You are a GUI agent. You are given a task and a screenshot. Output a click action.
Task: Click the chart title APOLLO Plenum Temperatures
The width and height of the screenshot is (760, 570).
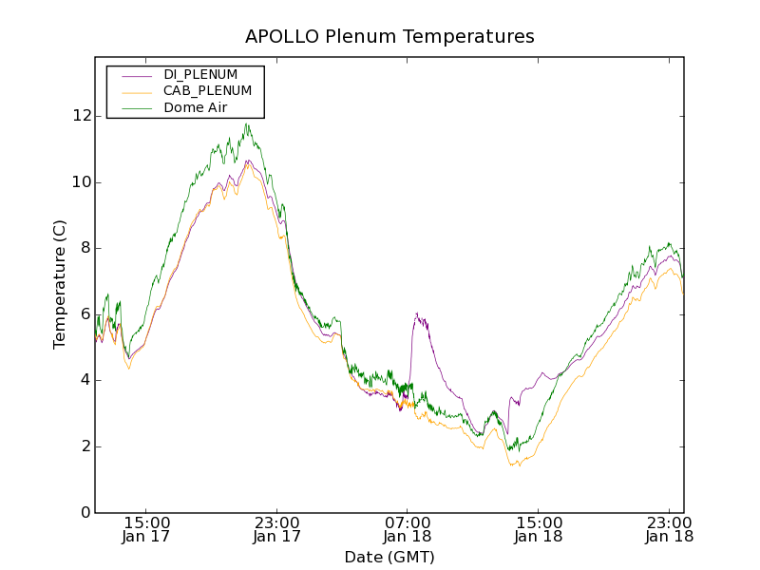pyautogui.click(x=389, y=37)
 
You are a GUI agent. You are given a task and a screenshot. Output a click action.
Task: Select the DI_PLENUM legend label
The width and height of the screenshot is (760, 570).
pyautogui.click(x=200, y=74)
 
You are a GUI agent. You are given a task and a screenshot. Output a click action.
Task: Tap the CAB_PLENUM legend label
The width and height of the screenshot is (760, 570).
pyautogui.click(x=207, y=90)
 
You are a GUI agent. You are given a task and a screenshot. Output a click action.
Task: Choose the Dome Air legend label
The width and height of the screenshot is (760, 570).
pyautogui.click(x=195, y=107)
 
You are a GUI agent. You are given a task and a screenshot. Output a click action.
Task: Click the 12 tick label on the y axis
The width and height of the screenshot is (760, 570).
pyautogui.click(x=82, y=116)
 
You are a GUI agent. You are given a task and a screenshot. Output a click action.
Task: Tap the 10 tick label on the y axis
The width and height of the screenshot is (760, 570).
pyautogui.click(x=82, y=182)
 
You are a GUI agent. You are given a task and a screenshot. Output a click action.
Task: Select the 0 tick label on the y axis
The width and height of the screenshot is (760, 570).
pyautogui.click(x=85, y=513)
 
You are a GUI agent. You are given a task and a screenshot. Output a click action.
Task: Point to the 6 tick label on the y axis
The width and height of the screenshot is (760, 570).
pyautogui.click(x=85, y=314)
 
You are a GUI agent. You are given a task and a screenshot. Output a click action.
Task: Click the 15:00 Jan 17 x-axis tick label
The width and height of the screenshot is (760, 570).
pyautogui.click(x=146, y=529)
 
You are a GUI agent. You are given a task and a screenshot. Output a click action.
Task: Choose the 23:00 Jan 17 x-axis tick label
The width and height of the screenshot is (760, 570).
pyautogui.click(x=277, y=529)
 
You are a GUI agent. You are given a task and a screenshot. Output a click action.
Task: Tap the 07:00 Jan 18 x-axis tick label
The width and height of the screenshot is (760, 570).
pyautogui.click(x=408, y=529)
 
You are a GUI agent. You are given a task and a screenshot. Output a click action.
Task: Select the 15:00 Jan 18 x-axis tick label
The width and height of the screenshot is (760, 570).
pyautogui.click(x=539, y=529)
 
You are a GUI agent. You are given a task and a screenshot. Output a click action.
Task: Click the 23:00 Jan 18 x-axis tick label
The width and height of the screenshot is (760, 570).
pyautogui.click(x=669, y=529)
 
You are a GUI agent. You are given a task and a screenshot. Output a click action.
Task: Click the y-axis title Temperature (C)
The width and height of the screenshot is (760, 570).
pyautogui.click(x=60, y=285)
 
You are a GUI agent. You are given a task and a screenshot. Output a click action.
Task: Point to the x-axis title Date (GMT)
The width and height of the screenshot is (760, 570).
pyautogui.click(x=389, y=558)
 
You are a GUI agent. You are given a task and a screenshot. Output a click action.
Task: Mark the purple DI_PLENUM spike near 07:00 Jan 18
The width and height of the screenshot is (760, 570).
pyautogui.click(x=416, y=314)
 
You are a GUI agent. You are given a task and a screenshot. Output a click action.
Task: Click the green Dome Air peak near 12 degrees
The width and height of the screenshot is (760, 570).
pyautogui.click(x=246, y=124)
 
